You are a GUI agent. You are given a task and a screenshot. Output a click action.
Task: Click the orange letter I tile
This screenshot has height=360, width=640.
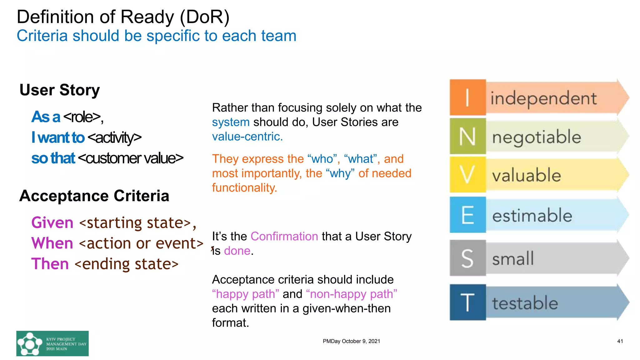click(x=467, y=97)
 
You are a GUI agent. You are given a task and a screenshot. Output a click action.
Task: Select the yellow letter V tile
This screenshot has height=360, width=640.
click(x=467, y=174)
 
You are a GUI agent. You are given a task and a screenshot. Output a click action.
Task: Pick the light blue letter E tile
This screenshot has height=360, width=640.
click(x=467, y=215)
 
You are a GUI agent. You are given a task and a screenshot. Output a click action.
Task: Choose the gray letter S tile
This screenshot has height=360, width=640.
click(x=467, y=258)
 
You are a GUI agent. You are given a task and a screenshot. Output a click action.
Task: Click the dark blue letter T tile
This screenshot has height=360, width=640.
click(x=467, y=302)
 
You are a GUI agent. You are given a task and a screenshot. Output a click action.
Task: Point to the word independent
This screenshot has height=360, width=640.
click(x=543, y=98)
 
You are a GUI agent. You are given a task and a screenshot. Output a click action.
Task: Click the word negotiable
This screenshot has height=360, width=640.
click(x=537, y=137)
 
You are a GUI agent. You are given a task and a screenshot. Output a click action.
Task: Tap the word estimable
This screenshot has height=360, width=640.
click(x=532, y=215)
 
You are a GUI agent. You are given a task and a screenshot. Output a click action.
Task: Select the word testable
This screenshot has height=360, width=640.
click(x=525, y=303)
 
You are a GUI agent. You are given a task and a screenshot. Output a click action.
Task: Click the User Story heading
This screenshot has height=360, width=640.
click(x=60, y=90)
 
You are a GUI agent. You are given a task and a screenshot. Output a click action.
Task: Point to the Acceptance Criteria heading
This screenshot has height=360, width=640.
click(x=94, y=196)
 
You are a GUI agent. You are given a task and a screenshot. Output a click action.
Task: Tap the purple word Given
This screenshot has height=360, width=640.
click(x=52, y=222)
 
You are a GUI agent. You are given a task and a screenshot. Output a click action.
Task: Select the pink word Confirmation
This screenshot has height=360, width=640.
click(x=284, y=236)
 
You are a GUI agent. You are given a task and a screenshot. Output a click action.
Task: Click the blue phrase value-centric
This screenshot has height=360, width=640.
click(x=247, y=137)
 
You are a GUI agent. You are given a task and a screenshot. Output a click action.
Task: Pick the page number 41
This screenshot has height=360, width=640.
click(x=620, y=341)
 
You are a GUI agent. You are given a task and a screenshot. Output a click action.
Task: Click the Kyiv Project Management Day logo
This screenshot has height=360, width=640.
click(x=52, y=343)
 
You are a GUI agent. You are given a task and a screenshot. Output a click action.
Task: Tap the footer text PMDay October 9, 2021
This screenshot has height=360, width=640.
click(x=351, y=341)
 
